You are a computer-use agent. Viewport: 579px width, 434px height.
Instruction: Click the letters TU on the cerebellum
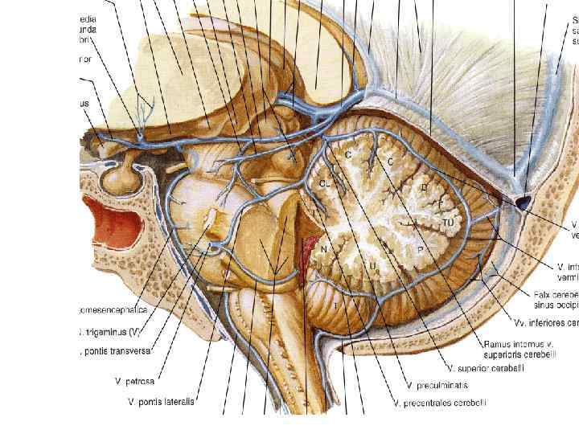[x=450, y=221]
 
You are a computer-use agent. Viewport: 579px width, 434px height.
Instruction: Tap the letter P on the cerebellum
[x=420, y=251]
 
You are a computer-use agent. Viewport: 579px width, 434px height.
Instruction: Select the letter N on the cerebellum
[x=324, y=250]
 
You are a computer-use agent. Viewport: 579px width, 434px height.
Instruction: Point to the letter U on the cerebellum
[x=372, y=264]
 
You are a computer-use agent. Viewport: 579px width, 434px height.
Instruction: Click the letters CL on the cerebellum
[x=324, y=183]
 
